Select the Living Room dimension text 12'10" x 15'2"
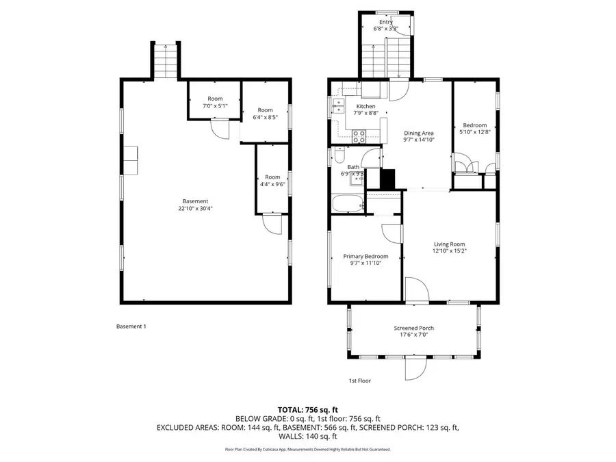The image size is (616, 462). coord(449,251)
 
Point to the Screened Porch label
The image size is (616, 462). coord(413,328)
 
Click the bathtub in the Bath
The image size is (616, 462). coord(348,204)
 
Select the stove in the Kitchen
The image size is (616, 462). coord(357,138)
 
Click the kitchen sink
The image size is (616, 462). coord(338,105)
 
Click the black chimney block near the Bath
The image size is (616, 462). coord(387,179)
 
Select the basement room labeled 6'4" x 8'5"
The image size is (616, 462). coord(265,113)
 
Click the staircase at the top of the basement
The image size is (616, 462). coord(165,61)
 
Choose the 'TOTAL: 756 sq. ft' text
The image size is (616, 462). coord(307,409)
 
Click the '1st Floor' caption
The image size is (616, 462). coord(359,381)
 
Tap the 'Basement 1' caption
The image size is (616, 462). coord(131,326)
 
